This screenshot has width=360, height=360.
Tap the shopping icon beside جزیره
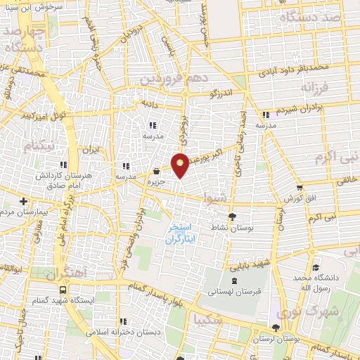pyautogui.click(x=155, y=171)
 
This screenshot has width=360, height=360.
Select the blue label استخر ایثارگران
pyautogui.click(x=184, y=235)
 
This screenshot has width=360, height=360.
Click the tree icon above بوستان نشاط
pyautogui.click(x=233, y=217)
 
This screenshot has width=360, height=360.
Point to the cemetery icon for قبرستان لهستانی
pyautogui.click(x=234, y=281)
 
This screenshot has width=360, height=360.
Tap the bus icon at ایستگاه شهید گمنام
pyautogui.click(x=64, y=289)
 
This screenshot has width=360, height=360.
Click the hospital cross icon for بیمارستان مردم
pyautogui.click(x=23, y=200)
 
